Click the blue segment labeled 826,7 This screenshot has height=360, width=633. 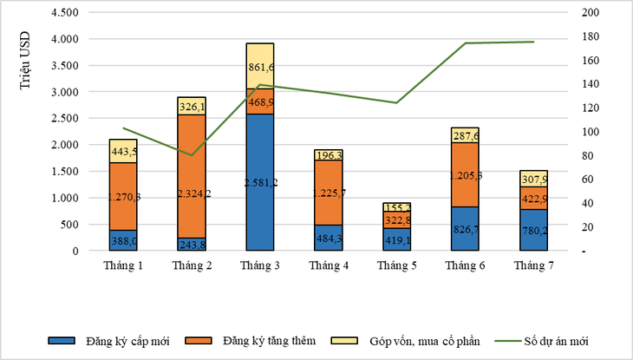(x=464, y=228)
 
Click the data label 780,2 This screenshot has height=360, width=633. (x=532, y=231)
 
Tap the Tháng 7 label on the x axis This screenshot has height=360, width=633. (x=532, y=264)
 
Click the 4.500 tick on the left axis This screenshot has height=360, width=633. (x=65, y=13)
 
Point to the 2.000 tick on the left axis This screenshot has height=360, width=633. (x=65, y=145)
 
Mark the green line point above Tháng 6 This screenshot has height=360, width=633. (x=464, y=43)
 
